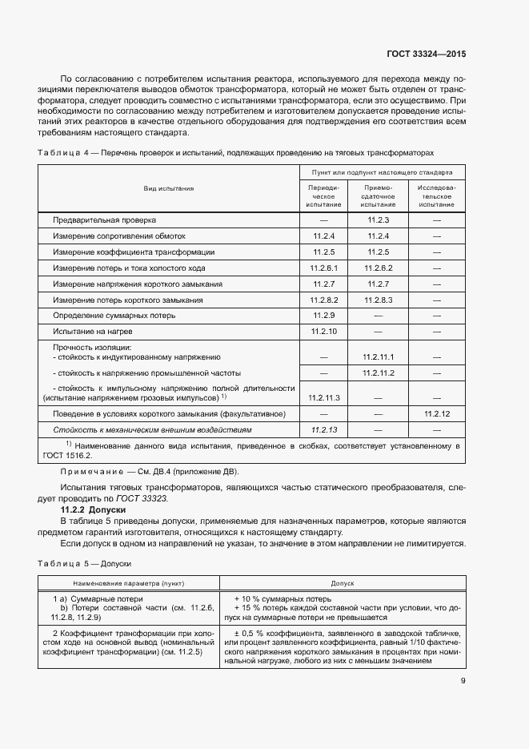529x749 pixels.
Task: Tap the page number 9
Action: (x=463, y=682)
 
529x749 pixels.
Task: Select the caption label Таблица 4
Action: (x=63, y=151)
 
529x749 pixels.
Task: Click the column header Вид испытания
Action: (x=168, y=188)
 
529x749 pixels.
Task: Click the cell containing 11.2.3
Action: (x=378, y=219)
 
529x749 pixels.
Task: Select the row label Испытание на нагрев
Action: (x=87, y=331)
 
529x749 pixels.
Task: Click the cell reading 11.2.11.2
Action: (x=378, y=373)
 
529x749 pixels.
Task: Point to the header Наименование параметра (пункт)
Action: (x=128, y=583)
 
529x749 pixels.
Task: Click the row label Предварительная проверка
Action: (x=105, y=219)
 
